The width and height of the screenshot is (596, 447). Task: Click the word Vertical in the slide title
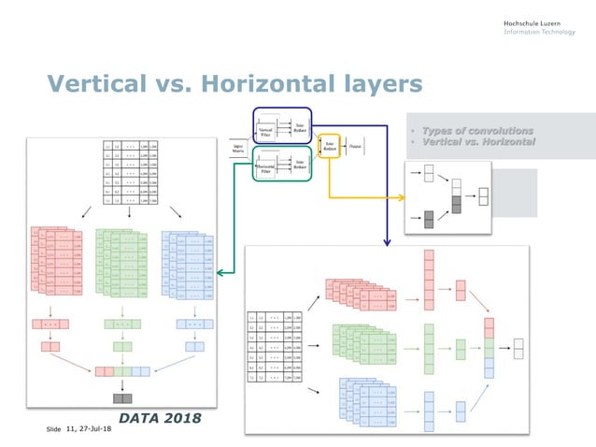point(99,85)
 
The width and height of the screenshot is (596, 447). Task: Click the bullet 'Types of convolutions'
point(477,130)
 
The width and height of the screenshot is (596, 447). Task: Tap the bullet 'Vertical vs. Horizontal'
point(478,141)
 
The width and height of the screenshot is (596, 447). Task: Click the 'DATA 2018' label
point(159,416)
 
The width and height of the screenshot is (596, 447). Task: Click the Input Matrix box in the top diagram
point(238,149)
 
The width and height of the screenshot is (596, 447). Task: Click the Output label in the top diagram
point(357,147)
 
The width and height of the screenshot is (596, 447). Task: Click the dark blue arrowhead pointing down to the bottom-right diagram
point(386,242)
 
